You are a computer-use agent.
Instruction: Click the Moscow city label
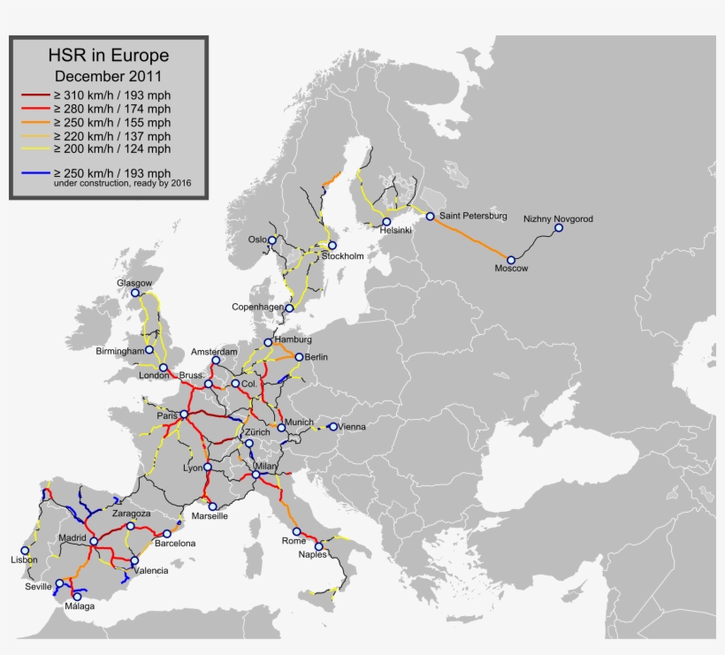511,269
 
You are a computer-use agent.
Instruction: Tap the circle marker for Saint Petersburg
430,216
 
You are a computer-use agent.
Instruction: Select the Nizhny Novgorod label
559,218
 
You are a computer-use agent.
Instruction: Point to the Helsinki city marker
386,222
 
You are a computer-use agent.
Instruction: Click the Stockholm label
342,256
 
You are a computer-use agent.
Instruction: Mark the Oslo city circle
273,240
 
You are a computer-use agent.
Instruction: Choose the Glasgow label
134,283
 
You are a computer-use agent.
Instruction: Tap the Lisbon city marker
25,550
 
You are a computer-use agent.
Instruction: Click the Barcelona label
174,544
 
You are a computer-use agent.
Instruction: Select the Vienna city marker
333,426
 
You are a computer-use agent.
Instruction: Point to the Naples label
313,555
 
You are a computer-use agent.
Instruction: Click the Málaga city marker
80,596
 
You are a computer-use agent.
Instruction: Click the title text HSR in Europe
109,56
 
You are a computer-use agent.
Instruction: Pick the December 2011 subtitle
108,75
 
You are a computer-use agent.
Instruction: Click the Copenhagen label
257,307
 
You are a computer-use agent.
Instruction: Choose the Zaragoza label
131,514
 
